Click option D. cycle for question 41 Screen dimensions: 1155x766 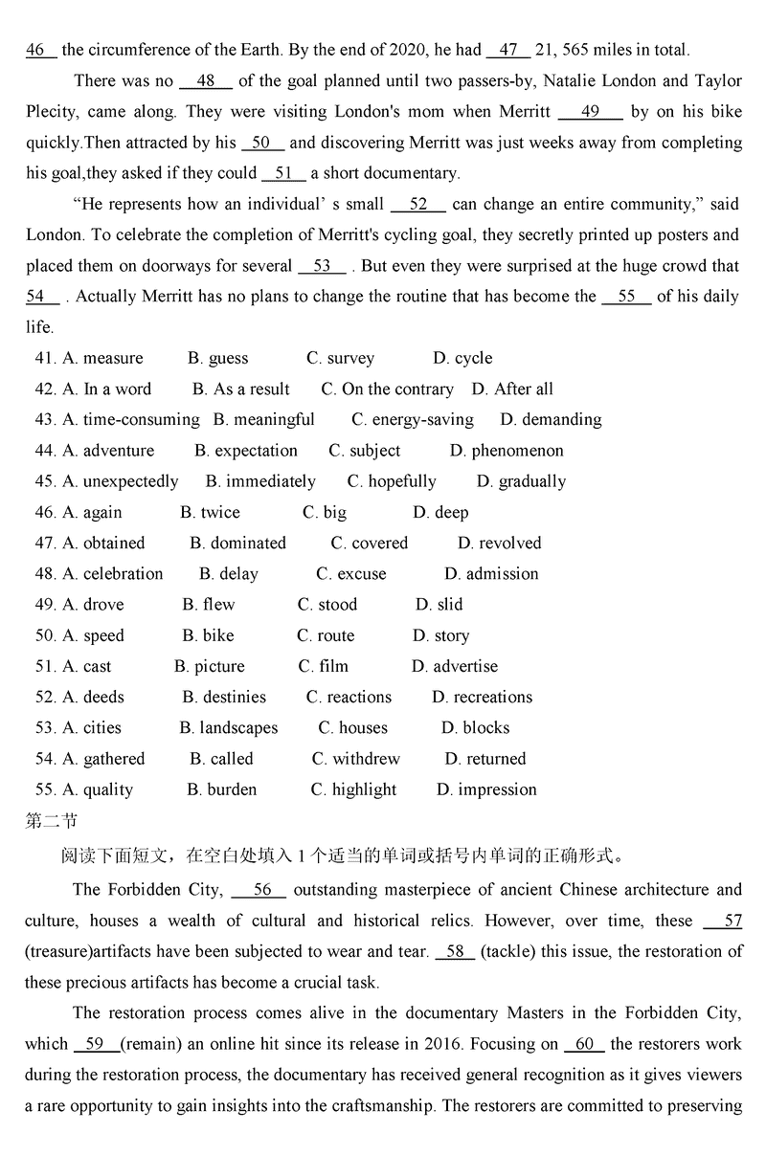[462, 359]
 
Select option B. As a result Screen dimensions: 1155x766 [240, 389]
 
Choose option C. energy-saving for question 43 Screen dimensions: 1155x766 [412, 420]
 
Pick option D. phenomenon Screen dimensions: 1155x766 [507, 451]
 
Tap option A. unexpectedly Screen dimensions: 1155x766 [121, 481]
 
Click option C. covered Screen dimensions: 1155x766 [370, 544]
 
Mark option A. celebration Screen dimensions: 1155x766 [113, 574]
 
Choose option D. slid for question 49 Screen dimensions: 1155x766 [439, 605]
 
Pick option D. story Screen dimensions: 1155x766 [440, 636]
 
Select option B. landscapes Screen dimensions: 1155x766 [228, 728]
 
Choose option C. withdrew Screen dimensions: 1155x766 [355, 760]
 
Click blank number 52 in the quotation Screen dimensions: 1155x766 [418, 205]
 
